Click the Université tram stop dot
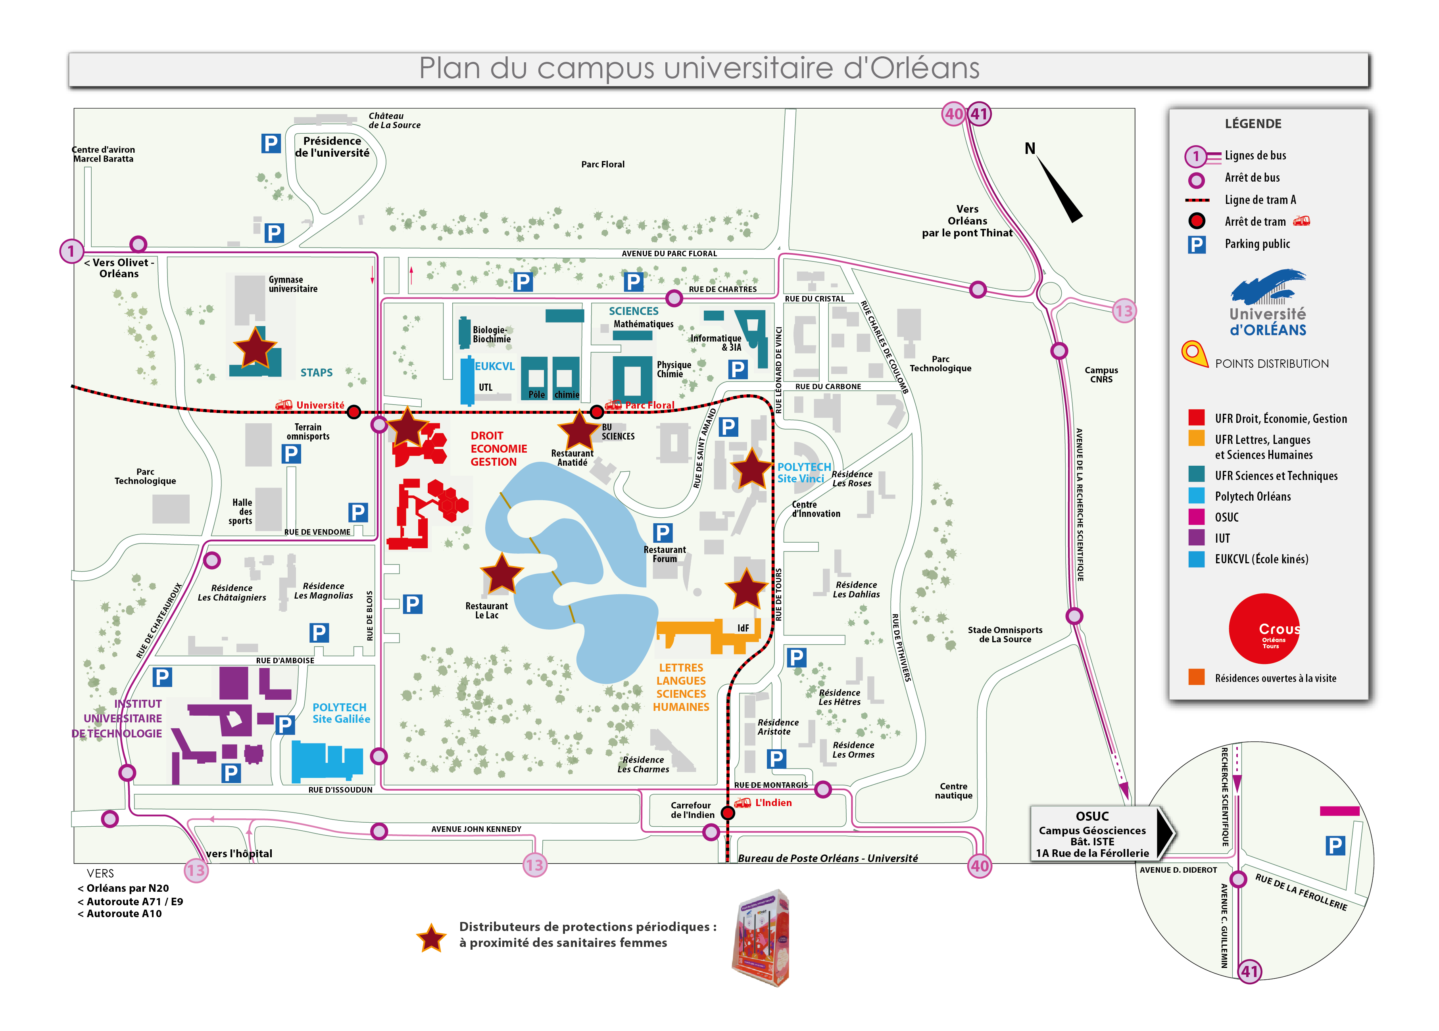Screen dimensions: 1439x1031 354,412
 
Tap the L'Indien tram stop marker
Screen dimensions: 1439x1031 727,813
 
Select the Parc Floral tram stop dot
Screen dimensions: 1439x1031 596,412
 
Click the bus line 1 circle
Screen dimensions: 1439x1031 71,251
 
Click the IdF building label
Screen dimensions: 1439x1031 743,628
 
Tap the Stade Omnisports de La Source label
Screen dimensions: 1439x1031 1005,634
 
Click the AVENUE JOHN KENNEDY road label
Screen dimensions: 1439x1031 476,829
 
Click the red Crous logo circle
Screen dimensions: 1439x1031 1264,629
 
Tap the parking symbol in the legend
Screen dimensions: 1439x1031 1196,244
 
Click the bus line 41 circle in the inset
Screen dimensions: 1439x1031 1249,971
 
